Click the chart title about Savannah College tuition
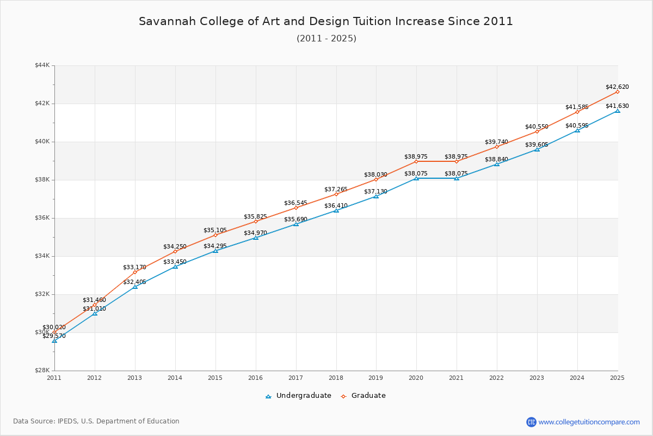click(326, 21)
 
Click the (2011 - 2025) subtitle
click(326, 39)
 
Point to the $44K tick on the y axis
click(42, 65)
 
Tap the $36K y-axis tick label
click(42, 218)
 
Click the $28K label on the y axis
click(42, 371)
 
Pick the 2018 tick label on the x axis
click(336, 377)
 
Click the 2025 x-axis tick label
click(617, 377)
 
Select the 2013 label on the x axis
click(135, 377)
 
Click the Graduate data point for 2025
click(618, 92)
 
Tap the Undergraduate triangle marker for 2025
click(618, 111)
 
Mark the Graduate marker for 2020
click(416, 161)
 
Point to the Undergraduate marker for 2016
click(256, 238)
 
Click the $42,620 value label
click(617, 87)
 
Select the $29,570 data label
click(54, 336)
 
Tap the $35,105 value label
click(215, 230)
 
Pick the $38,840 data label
click(496, 159)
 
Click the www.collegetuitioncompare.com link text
click(589, 422)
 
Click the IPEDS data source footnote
click(96, 421)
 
